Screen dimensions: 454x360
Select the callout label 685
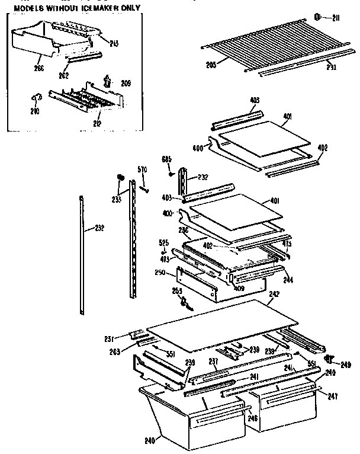[167, 159]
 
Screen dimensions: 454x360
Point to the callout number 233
[117, 199]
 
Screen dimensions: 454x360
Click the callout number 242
[274, 293]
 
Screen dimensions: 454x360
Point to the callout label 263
[115, 351]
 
